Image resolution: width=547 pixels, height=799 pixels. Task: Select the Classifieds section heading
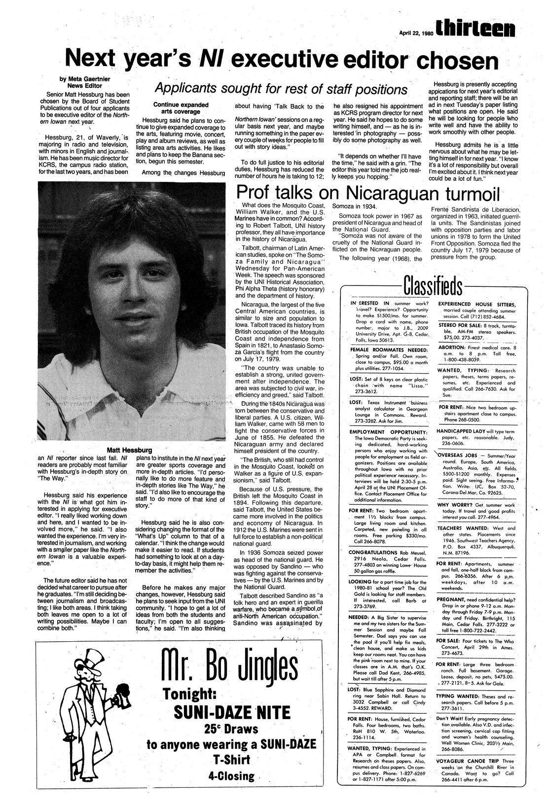434,286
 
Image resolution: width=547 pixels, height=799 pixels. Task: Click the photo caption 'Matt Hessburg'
131,450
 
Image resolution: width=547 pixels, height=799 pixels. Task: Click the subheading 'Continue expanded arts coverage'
181,108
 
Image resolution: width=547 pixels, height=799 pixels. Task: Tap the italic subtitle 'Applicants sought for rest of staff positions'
281,89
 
